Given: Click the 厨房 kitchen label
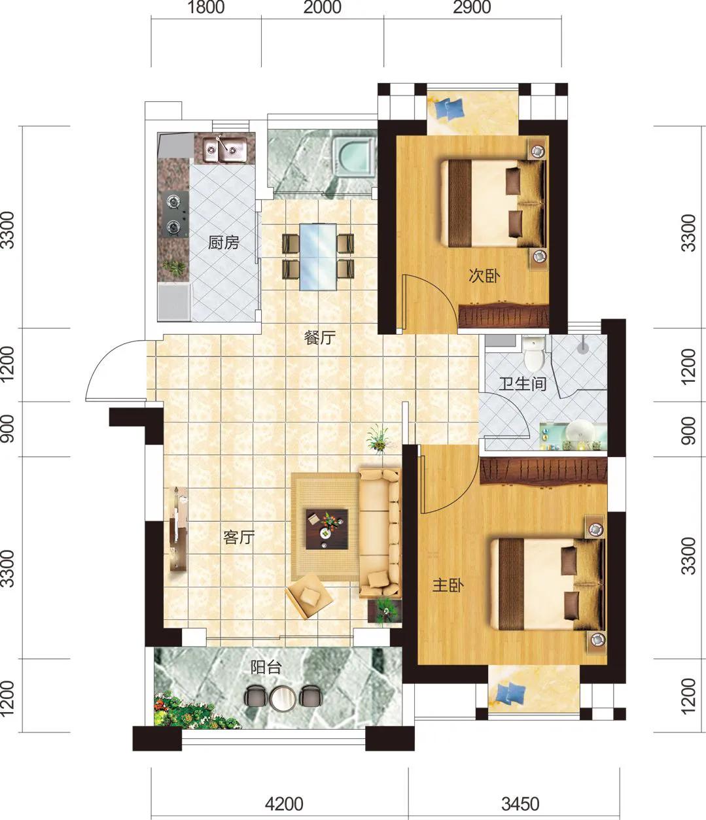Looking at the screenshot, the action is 224,243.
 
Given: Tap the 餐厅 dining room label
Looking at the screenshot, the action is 320,337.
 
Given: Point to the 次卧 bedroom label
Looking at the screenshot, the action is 484,275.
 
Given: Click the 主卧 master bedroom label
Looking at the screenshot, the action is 448,585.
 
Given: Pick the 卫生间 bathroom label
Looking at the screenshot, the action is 523,384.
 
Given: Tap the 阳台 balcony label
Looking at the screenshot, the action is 266,667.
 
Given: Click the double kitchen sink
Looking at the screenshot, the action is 224,150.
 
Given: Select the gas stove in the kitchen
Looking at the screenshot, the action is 175,214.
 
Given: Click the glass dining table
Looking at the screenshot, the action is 318,257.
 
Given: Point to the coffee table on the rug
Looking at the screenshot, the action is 327,529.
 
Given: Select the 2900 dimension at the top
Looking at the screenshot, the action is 472,8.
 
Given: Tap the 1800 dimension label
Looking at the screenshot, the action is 205,8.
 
